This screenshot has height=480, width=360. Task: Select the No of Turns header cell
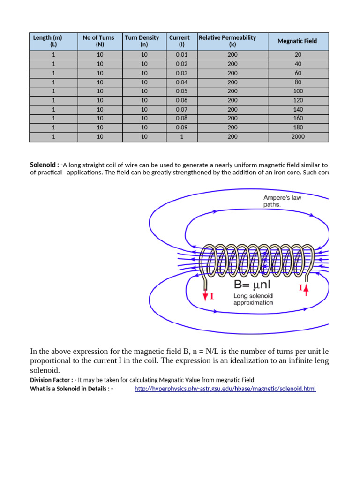tap(98, 41)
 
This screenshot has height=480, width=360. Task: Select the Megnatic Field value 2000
tap(298, 137)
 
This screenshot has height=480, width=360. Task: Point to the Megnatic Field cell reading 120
tap(298, 100)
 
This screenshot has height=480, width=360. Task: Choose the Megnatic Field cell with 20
tap(298, 55)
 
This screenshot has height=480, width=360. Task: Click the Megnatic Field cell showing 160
tap(298, 119)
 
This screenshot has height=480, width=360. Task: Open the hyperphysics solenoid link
tap(225, 389)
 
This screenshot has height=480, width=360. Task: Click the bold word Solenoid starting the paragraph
tap(44, 165)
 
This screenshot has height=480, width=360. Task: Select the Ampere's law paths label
tap(282, 201)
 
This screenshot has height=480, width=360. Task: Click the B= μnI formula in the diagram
tap(252, 284)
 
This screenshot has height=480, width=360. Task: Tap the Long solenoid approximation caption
tap(253, 299)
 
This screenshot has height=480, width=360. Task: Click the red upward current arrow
tap(306, 289)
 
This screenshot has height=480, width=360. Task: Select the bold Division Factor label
tap(51, 380)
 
